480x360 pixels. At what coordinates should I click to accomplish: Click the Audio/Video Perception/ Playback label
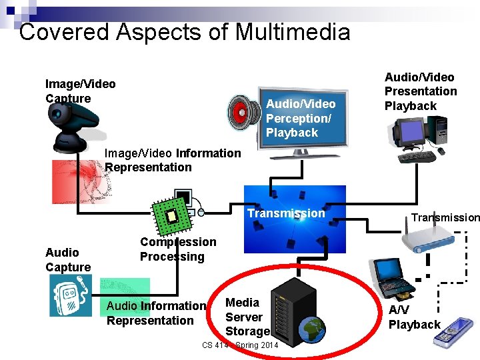(x=301, y=118)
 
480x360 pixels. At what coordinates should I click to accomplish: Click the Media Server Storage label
(x=246, y=317)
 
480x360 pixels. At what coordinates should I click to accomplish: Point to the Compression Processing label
(x=177, y=249)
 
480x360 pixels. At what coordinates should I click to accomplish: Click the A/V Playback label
(x=414, y=317)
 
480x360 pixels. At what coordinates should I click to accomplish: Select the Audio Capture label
(x=67, y=260)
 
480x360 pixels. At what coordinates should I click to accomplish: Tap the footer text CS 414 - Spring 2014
(x=240, y=345)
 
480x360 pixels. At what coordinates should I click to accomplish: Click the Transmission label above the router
(x=445, y=217)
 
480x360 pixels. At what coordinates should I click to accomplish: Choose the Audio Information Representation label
(x=157, y=313)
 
